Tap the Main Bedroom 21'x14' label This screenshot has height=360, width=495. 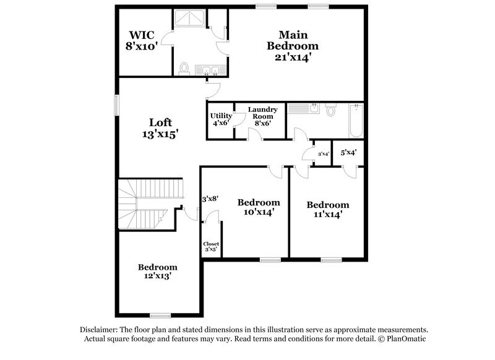click(x=293, y=46)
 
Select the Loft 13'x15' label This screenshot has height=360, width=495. click(x=160, y=128)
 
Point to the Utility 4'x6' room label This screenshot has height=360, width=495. click(x=221, y=119)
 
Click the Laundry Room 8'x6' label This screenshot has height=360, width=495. click(x=262, y=116)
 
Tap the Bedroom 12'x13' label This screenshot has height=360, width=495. click(x=158, y=272)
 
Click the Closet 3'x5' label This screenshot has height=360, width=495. click(x=211, y=247)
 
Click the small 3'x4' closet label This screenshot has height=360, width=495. click(x=323, y=154)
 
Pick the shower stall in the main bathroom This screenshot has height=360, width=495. click(x=191, y=20)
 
